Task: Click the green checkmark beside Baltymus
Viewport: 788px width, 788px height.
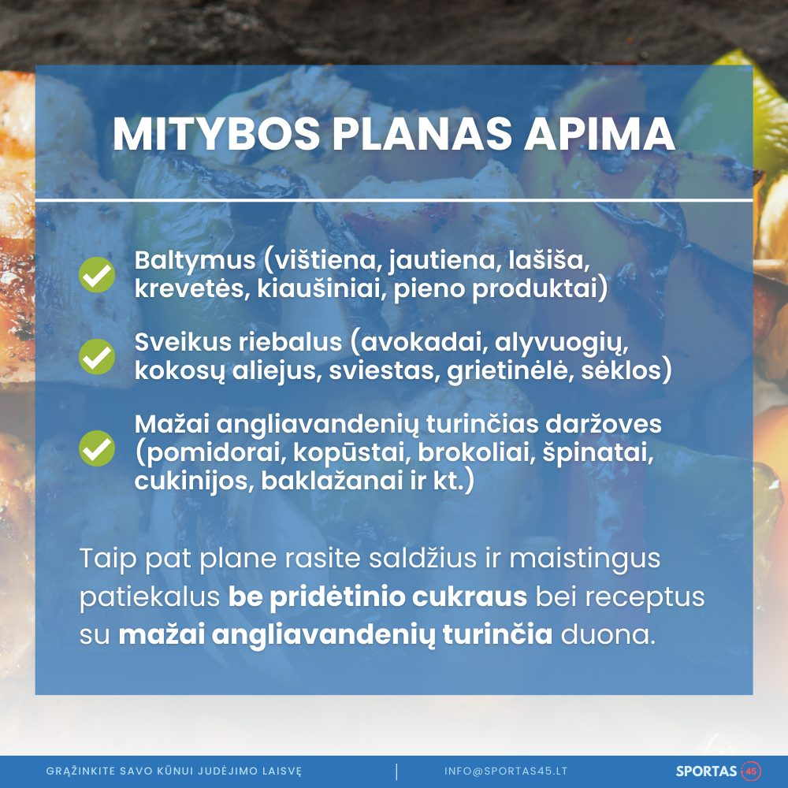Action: (x=97, y=275)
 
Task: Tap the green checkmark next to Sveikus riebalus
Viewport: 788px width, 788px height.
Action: (x=97, y=356)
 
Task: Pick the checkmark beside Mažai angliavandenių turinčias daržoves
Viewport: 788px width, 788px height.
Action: (x=97, y=448)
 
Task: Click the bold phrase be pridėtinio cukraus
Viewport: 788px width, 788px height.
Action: (x=377, y=597)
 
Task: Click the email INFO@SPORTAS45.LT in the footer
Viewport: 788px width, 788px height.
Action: (x=506, y=771)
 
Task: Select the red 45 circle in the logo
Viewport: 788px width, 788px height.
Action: (x=751, y=771)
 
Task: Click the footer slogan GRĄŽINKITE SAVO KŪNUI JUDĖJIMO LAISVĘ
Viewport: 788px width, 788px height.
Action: (x=174, y=771)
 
